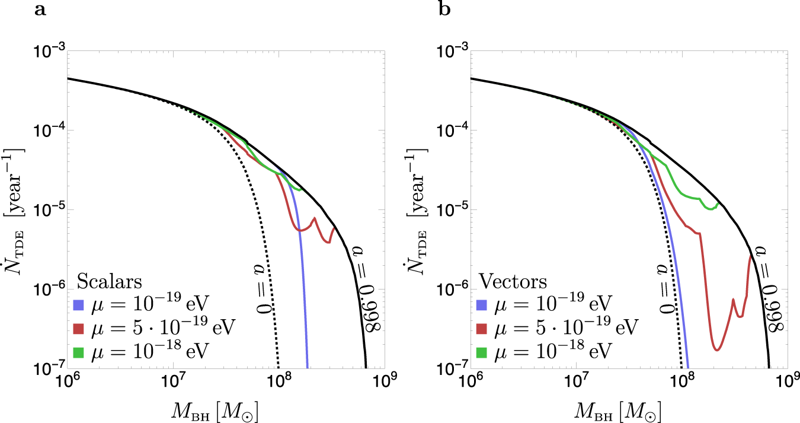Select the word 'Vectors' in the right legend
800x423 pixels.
(513, 280)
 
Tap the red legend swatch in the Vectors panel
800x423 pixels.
(482, 328)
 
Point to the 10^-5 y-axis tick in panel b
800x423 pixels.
(455, 209)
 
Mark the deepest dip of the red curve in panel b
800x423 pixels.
(717, 349)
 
